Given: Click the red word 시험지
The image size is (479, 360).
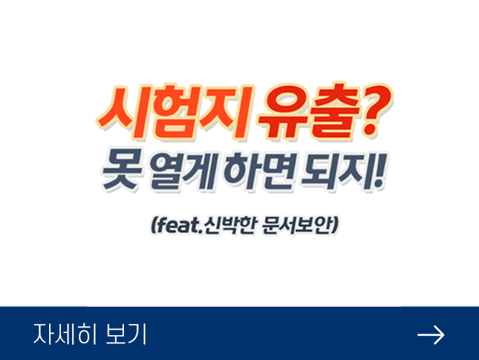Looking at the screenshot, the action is [x=174, y=112].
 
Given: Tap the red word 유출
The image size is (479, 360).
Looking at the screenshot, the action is [x=308, y=111].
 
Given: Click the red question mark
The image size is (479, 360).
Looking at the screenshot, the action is [x=376, y=110].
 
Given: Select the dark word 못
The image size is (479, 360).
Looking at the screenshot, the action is [x=122, y=169].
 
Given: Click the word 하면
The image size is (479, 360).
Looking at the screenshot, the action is [x=260, y=170].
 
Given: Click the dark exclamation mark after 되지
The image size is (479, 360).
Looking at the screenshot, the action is [x=380, y=170].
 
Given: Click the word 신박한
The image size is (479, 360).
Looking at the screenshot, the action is [x=229, y=226].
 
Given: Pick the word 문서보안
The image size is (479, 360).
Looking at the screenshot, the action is [x=296, y=226].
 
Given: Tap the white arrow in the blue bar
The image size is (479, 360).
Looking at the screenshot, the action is [x=431, y=335].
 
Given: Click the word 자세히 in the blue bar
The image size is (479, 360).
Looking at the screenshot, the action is [x=64, y=334].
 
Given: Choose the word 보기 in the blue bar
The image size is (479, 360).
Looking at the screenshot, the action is [x=126, y=334].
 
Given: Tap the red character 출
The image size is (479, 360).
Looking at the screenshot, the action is [x=334, y=111].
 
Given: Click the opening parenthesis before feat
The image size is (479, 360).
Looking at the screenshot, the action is [x=154, y=226].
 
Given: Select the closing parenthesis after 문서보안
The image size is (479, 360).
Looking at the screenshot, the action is [x=334, y=226].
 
